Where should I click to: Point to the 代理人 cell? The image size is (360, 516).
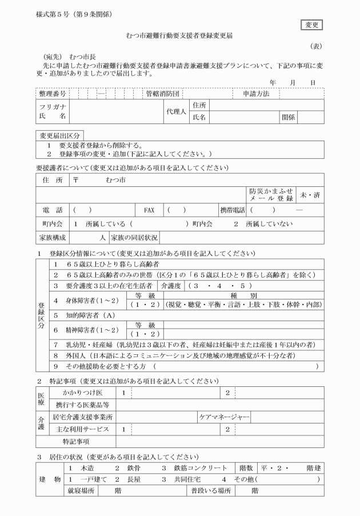[x=176, y=111]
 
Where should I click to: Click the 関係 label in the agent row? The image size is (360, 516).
[x=288, y=118]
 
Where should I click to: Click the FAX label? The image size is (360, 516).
[x=149, y=209]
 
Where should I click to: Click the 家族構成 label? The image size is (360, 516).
[x=52, y=237]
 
